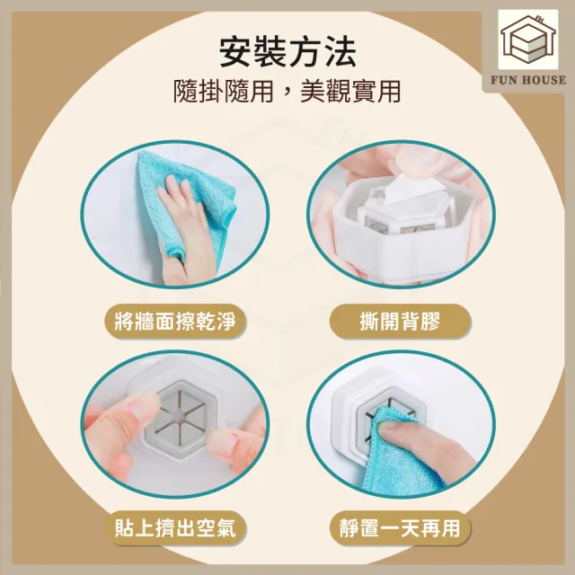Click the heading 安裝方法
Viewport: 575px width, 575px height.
287,52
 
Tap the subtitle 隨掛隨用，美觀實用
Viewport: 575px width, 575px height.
287,92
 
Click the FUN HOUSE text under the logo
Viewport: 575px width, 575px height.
528,80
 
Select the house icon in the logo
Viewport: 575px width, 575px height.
528,40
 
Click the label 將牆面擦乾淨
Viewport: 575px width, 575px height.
175,322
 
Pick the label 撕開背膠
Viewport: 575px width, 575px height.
400,322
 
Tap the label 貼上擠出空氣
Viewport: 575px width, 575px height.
175,528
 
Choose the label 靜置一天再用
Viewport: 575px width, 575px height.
400,528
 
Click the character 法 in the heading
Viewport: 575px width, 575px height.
340,52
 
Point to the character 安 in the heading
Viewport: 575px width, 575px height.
235,52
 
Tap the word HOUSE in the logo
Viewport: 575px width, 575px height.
544,80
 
